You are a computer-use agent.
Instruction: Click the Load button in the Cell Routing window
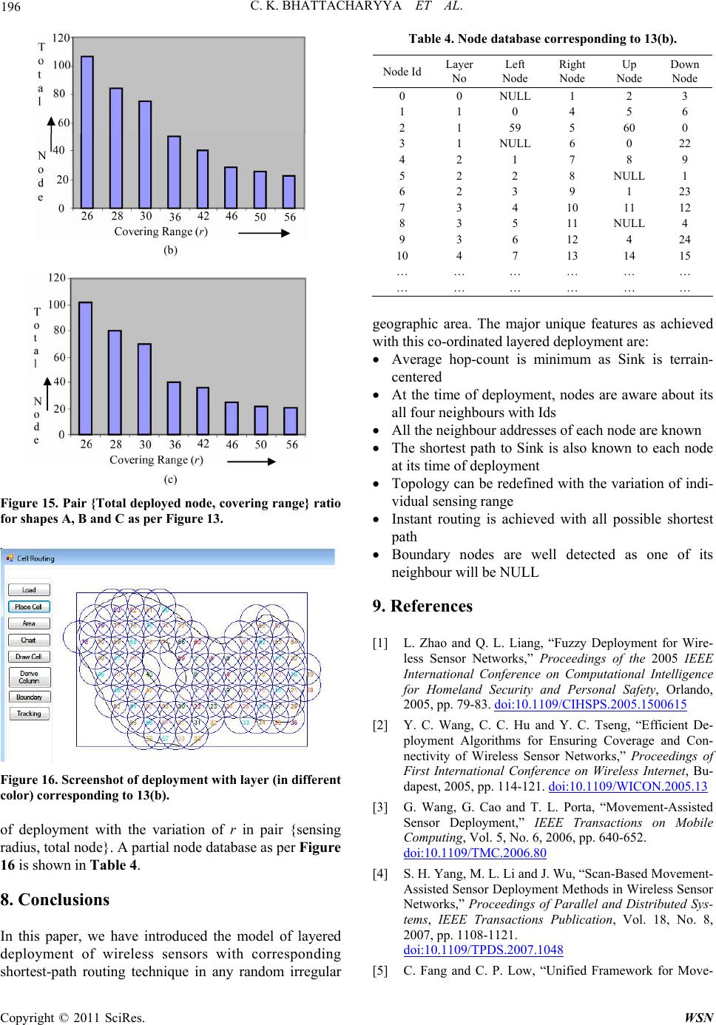[x=29, y=590]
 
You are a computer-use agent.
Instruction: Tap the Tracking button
[x=29, y=714]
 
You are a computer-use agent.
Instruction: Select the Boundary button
[x=29, y=697]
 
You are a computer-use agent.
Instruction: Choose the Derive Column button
[x=29, y=677]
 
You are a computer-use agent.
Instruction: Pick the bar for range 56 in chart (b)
[x=288, y=192]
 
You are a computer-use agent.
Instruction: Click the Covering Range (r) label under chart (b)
[x=161, y=231]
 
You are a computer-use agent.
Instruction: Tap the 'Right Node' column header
[x=572, y=71]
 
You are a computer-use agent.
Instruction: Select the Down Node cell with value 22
[x=684, y=143]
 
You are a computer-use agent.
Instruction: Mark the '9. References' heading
[x=422, y=606]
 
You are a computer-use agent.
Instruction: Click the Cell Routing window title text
[x=36, y=558]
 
